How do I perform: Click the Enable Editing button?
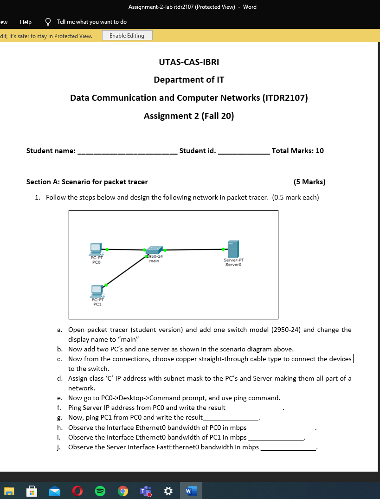127,36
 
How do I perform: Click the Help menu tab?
26,22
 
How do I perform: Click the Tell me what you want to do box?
91,22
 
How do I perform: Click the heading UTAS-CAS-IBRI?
189,62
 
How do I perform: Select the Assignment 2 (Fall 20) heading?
189,116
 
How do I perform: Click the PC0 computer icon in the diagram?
96,249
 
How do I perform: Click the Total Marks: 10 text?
297,150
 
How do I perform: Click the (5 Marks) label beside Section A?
309,181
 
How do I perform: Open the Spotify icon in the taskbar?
100,491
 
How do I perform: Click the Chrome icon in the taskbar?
123,491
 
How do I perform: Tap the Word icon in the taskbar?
191,491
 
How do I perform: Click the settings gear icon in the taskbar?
168,491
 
